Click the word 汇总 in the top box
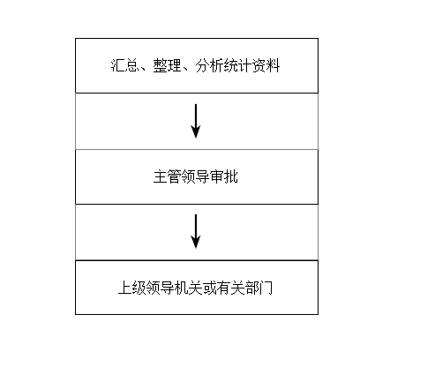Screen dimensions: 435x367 [x=124, y=65]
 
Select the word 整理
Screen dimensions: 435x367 [x=167, y=65]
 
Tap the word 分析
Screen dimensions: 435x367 [x=209, y=65]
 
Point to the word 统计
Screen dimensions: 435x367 [x=237, y=65]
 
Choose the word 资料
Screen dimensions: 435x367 [x=266, y=65]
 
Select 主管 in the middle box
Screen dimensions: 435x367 [x=167, y=176]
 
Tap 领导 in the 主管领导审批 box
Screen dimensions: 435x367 [x=195, y=176]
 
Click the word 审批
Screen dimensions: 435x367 [x=223, y=176]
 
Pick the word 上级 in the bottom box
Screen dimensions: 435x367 [x=131, y=288]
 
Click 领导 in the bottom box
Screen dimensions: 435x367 [x=160, y=288]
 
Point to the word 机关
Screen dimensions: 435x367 [x=188, y=288]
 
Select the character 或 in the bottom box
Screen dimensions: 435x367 [x=209, y=288]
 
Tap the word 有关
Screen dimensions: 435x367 [x=230, y=288]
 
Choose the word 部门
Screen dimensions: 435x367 [x=259, y=288]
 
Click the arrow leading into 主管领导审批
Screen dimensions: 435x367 [x=196, y=121]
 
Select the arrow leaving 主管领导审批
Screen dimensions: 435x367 [x=196, y=231]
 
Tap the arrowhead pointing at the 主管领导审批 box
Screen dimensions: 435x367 [x=196, y=131]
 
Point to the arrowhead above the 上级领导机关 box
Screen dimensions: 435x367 [x=196, y=243]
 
